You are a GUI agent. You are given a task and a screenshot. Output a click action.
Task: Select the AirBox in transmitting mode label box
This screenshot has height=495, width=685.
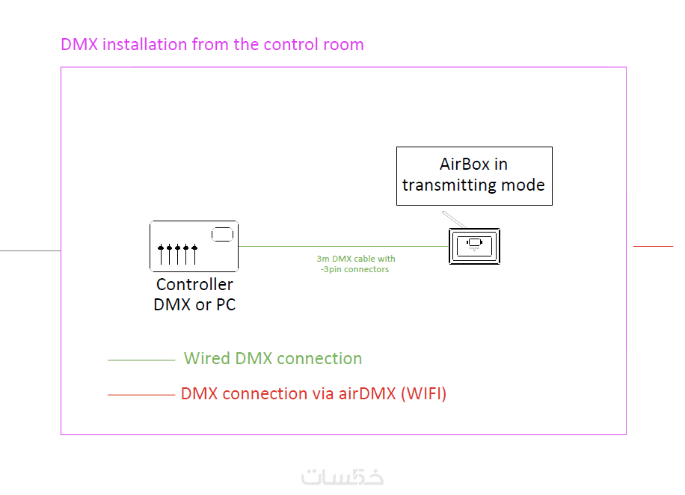474,176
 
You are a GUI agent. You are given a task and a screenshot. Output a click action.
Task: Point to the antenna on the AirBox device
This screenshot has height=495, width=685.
452,220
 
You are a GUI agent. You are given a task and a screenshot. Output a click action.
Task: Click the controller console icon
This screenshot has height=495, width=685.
194,245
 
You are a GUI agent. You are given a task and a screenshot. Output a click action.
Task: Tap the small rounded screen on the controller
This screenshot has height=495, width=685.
222,235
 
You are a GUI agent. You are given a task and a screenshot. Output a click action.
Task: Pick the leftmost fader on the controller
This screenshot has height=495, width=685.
161,254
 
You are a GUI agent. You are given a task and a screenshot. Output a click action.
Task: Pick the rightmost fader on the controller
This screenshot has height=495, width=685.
194,254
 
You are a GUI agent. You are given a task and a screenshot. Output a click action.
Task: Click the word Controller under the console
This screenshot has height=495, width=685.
194,285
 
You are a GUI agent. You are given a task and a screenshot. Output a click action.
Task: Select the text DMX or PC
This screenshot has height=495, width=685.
194,304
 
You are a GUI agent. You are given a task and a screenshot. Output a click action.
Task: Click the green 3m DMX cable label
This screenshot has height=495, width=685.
355,264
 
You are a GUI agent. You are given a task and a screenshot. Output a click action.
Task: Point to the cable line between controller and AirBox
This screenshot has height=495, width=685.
337,246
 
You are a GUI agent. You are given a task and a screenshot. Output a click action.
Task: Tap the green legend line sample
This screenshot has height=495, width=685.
141,360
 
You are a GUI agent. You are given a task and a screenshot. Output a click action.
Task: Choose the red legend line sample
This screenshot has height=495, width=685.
141,394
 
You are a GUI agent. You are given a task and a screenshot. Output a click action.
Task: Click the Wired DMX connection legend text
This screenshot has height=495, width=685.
273,359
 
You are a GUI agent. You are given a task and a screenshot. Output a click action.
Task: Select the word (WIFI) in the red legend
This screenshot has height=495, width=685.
423,393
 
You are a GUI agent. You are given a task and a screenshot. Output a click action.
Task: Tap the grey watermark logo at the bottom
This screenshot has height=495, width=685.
342,476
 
